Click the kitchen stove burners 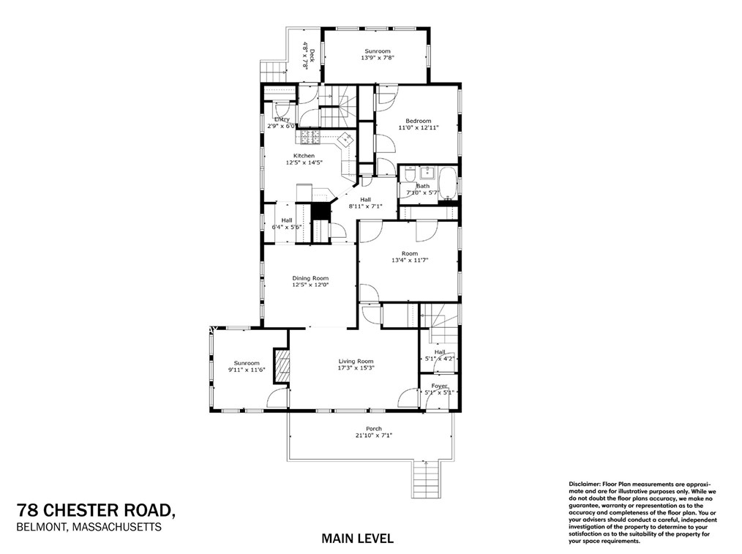309,137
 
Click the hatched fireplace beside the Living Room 281,364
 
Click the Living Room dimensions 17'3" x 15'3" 356,368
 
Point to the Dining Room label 310,278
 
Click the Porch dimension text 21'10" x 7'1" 374,435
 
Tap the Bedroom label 419,121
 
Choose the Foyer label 439,386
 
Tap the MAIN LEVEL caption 358,539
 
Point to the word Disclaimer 584,484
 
